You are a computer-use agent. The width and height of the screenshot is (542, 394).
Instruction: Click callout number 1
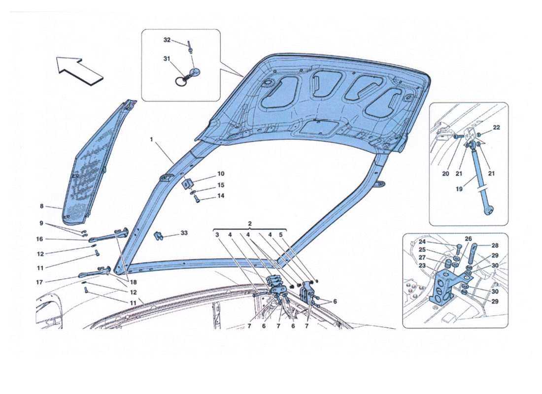click(153, 140)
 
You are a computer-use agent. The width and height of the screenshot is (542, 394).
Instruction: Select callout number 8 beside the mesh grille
click(42, 206)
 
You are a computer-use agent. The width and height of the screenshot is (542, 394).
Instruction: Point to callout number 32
click(167, 40)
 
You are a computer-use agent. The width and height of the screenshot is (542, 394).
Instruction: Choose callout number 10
click(221, 174)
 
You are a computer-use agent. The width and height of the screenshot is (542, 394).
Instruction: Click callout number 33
click(184, 232)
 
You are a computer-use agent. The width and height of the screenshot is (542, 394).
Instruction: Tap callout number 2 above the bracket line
click(250, 223)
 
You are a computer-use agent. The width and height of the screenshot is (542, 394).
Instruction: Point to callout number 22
click(496, 128)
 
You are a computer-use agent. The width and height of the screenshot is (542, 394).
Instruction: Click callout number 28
click(496, 245)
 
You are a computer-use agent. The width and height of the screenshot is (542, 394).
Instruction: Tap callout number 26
click(468, 239)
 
